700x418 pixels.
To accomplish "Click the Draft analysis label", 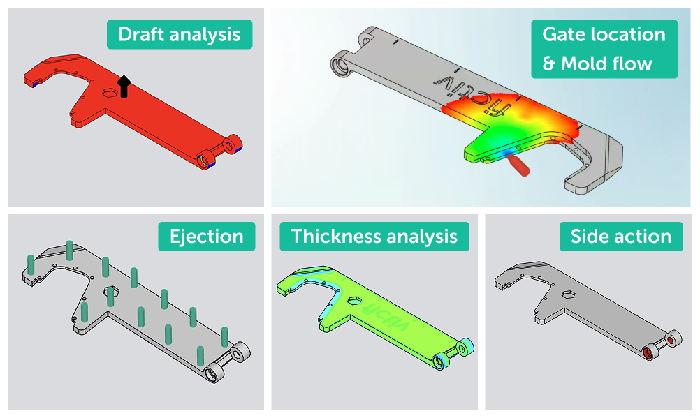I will [x=179, y=34].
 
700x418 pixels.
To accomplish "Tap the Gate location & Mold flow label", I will [x=604, y=49].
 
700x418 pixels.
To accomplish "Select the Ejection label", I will [x=207, y=236].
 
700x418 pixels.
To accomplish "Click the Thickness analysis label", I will [x=374, y=236].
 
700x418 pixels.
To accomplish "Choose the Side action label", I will [x=620, y=236].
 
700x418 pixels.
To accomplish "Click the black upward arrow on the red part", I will [x=124, y=86].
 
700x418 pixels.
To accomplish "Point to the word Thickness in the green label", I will [x=331, y=236].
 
